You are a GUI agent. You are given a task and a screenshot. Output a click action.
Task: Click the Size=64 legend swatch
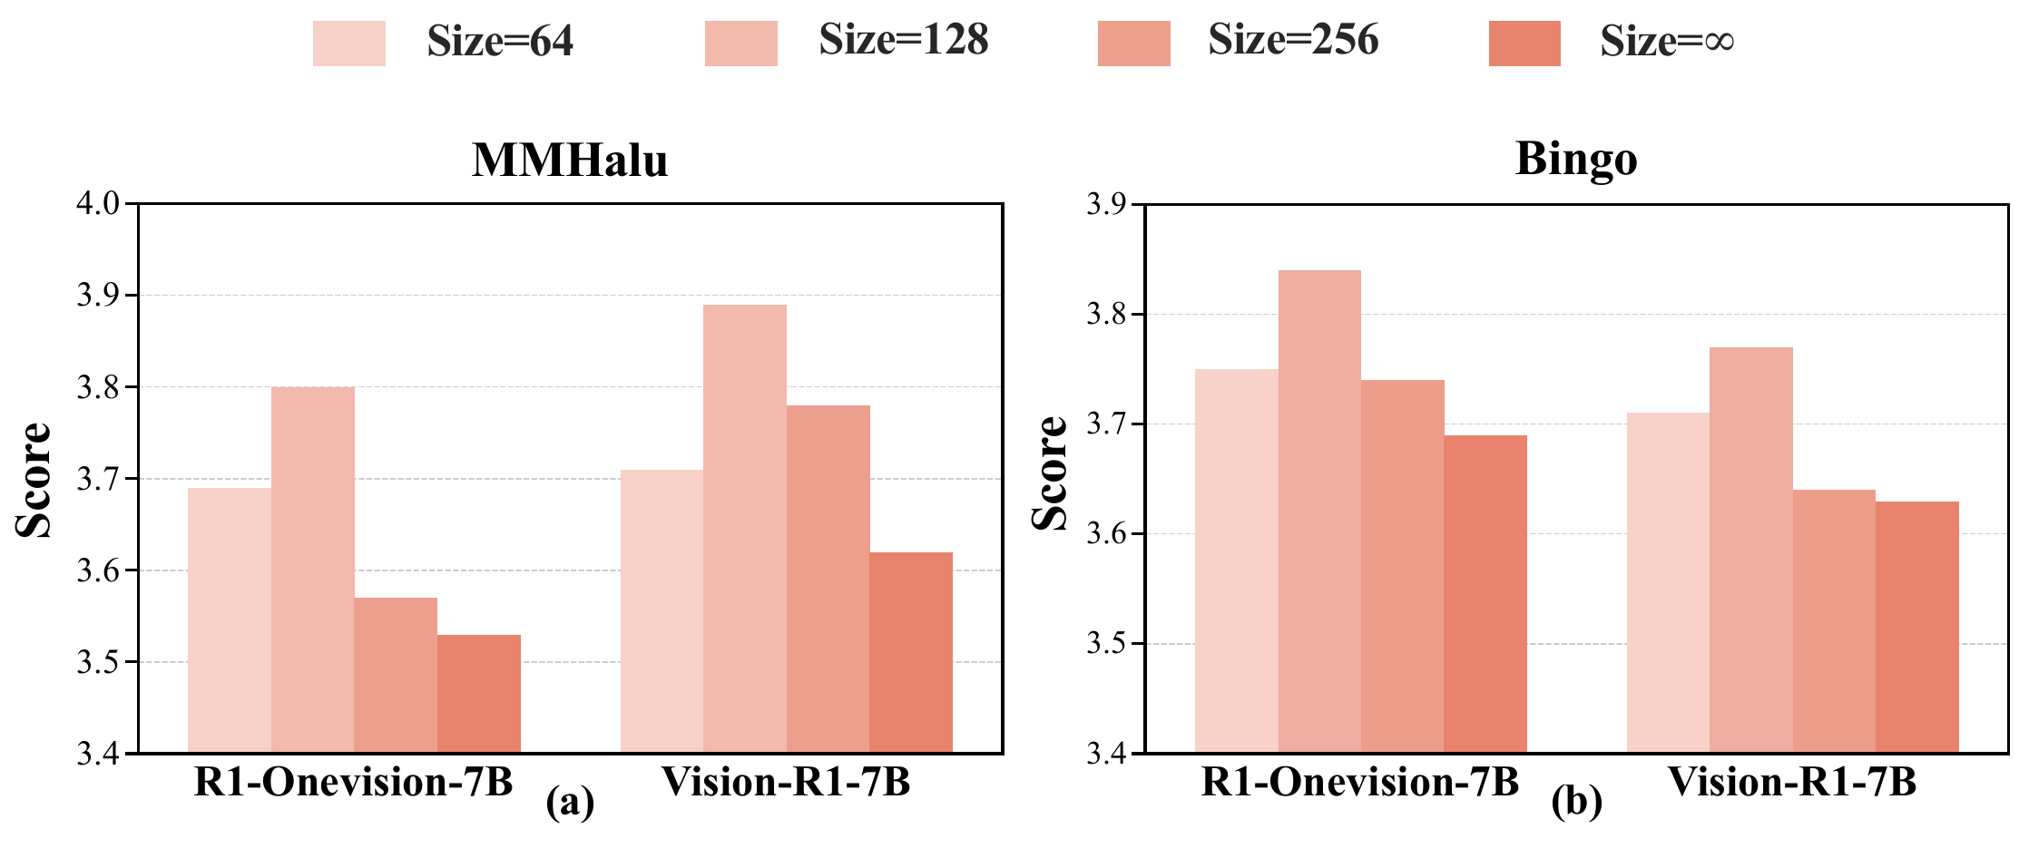point(348,43)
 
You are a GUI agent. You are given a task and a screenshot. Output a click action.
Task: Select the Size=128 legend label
point(903,41)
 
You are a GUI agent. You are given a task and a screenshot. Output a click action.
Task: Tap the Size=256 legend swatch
point(1133,43)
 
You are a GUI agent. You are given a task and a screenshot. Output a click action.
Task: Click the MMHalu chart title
point(570,161)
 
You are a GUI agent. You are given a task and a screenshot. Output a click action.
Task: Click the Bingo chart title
point(1576,160)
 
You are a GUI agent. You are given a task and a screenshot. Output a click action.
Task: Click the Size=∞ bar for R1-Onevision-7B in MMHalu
point(479,694)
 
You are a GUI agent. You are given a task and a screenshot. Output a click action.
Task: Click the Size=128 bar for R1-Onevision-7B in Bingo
point(1319,512)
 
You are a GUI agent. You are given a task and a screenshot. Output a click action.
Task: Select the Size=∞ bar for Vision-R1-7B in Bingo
point(1917,627)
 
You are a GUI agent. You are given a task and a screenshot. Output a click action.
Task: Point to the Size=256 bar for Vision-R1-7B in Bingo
point(1834,621)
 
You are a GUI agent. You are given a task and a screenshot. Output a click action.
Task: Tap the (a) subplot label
point(570,804)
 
